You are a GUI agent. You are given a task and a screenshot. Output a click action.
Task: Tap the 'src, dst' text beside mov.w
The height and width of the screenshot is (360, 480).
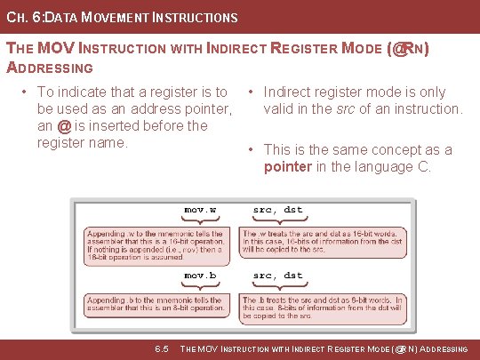[x=277, y=210]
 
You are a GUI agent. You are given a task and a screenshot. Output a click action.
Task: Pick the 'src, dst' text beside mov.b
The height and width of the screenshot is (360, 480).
[x=277, y=276]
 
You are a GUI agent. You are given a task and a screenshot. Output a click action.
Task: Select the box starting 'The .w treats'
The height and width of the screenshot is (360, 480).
[x=324, y=240]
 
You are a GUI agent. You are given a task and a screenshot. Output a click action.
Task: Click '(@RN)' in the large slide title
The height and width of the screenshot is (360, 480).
[x=409, y=50]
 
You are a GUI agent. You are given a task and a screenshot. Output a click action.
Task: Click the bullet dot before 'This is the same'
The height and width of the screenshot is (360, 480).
[x=252, y=150]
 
